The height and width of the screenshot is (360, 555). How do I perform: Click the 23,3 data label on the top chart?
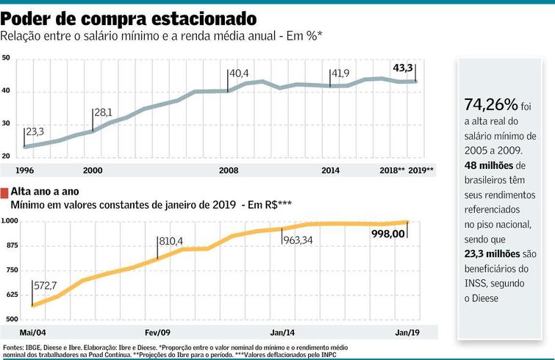point(35,132)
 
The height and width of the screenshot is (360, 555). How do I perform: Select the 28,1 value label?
point(103,112)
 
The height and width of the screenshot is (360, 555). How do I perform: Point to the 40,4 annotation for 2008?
point(240,74)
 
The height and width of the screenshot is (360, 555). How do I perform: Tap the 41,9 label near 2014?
point(340,74)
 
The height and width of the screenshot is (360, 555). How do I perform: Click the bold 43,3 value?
point(404,68)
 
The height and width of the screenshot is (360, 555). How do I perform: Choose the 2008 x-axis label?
point(229,170)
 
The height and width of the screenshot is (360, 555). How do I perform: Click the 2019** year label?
point(421,170)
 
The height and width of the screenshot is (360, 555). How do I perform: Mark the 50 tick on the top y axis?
point(6,57)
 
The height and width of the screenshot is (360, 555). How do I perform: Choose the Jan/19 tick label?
point(409,332)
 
